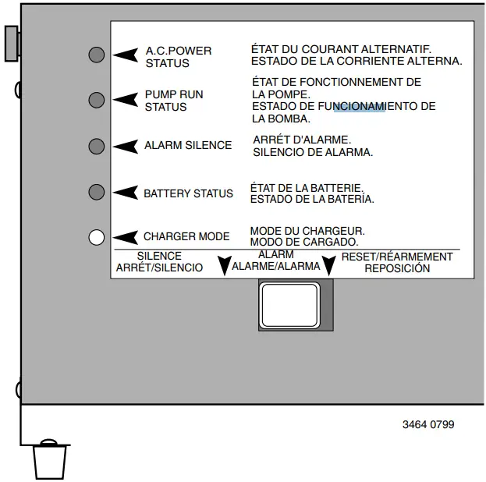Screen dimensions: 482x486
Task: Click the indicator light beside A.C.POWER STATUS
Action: tap(97, 55)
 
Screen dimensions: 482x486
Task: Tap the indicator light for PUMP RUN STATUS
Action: tap(97, 100)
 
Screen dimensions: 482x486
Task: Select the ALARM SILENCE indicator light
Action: tap(97, 146)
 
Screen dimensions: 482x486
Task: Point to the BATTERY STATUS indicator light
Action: tap(97, 192)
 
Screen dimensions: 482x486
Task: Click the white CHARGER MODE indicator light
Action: tap(97, 237)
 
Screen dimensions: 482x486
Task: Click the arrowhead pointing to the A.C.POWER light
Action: tap(124, 55)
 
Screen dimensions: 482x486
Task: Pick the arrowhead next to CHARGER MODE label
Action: tap(124, 237)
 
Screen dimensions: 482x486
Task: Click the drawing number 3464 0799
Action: tap(428, 425)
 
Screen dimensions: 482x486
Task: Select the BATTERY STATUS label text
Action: tap(188, 193)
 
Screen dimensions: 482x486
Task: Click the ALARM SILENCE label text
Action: tap(188, 146)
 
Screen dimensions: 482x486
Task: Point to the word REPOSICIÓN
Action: tap(397, 268)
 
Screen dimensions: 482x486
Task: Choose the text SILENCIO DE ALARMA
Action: tap(313, 152)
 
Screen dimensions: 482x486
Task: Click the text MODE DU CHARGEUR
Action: tap(307, 232)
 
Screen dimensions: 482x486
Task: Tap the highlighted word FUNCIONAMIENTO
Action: tap(359, 107)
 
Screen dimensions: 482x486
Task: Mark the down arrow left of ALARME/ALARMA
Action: tap(225, 265)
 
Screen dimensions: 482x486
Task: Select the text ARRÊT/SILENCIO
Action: tap(159, 268)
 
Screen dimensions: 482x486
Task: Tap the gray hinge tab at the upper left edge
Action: tap(12, 42)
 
